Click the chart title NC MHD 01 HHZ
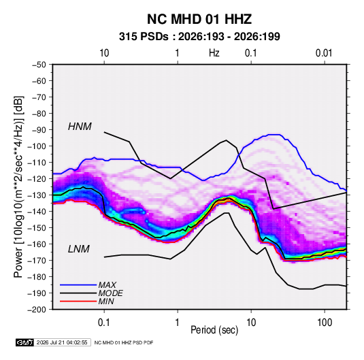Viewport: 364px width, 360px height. tap(199, 19)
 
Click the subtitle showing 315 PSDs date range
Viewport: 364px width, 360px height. tap(199, 37)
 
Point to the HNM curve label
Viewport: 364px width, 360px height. tap(80, 127)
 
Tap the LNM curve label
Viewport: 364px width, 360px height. tap(79, 249)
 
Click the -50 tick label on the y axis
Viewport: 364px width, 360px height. tap(39, 65)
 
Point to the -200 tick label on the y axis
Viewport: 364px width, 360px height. tap(37, 310)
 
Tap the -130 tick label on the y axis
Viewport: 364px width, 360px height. tap(37, 195)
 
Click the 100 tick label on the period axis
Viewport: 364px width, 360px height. tap(325, 323)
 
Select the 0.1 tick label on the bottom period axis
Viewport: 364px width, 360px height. tap(104, 323)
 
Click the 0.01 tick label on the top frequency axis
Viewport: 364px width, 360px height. tap(324, 53)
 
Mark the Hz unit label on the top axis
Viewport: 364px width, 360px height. tap(214, 53)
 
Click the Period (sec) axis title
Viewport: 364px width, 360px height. tap(214, 330)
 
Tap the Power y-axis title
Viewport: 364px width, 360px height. tap(18, 186)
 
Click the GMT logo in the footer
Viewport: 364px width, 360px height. tap(24, 342)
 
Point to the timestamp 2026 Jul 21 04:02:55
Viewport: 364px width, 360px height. tap(62, 342)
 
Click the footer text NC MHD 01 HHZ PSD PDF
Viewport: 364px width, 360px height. tap(124, 342)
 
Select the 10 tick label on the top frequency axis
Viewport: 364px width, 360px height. tap(104, 53)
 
